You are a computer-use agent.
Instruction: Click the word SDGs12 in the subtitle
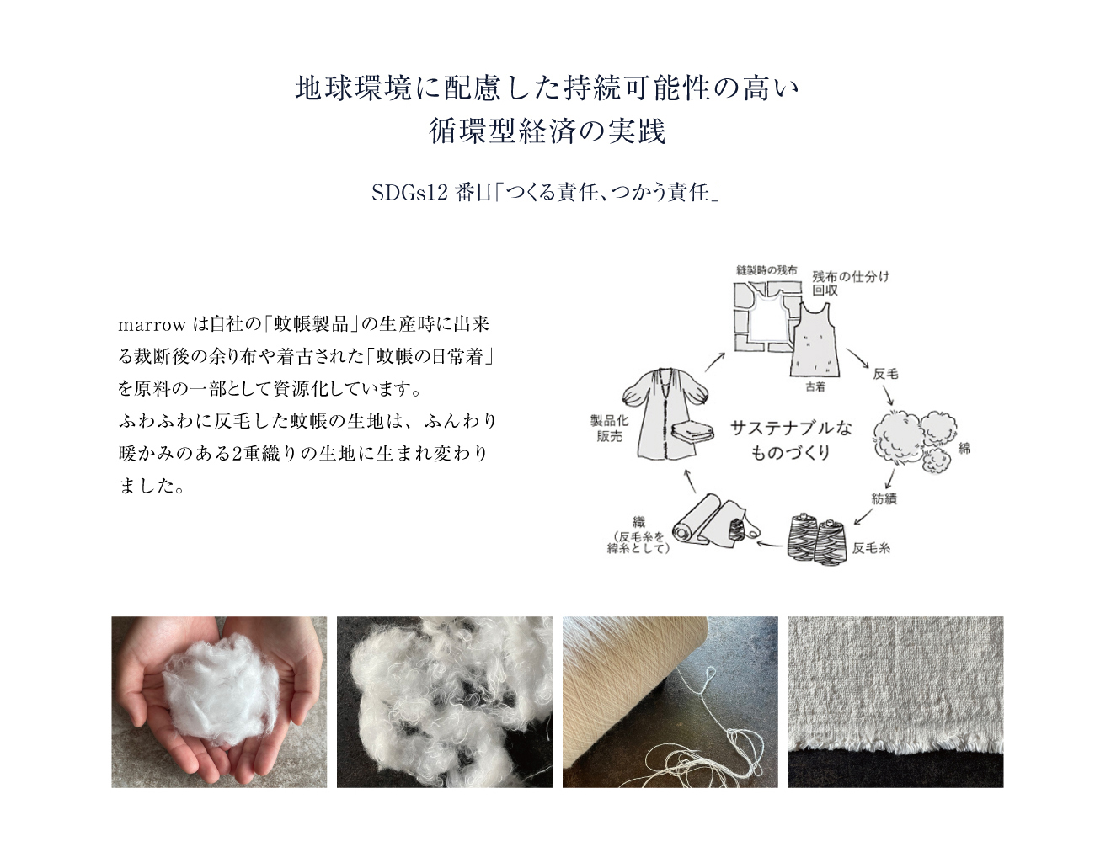pos(409,194)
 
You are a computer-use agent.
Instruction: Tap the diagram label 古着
pos(815,387)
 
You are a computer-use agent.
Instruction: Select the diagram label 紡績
pos(884,499)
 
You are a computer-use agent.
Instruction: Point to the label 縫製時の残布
pos(766,270)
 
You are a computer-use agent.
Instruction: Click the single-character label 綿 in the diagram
pos(964,449)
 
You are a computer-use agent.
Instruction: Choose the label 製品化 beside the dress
pos(609,421)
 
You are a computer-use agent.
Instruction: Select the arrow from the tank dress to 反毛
pos(857,359)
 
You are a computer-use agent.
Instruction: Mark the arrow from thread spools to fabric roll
pos(769,545)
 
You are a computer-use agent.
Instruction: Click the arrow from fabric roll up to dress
pos(689,481)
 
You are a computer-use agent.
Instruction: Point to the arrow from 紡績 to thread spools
pos(863,516)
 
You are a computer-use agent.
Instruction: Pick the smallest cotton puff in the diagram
pos(936,461)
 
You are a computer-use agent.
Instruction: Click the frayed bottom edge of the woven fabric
pos(895,754)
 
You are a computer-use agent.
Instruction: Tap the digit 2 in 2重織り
pos(236,454)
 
